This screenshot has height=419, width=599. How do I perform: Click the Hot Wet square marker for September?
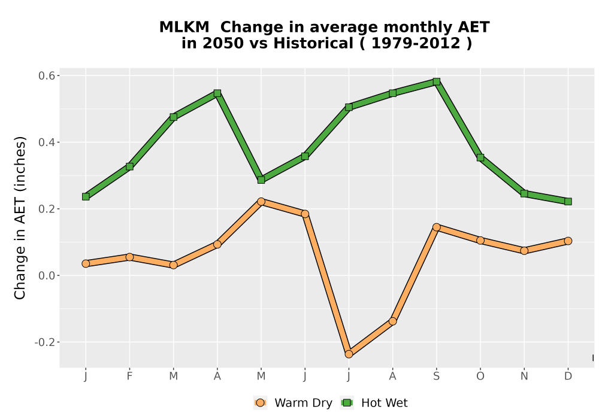[436, 81]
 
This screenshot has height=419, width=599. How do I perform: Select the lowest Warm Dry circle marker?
[349, 354]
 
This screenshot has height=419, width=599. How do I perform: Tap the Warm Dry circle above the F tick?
[129, 257]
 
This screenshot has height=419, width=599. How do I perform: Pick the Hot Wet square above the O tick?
[480, 157]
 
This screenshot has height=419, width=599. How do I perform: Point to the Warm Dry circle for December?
[568, 241]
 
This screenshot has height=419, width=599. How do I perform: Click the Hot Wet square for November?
[524, 193]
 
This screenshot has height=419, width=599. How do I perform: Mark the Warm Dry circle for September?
[436, 227]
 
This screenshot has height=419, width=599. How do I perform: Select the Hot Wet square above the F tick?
[129, 166]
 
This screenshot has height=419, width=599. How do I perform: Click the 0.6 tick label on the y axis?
[46, 75]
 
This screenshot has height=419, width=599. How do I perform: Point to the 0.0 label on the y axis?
[46, 275]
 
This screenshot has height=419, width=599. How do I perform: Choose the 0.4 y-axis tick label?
[46, 142]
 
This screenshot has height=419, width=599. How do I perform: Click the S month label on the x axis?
[436, 377]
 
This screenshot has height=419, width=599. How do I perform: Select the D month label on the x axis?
[568, 377]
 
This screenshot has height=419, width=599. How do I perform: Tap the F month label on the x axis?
[129, 377]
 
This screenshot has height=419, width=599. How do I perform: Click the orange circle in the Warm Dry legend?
[260, 403]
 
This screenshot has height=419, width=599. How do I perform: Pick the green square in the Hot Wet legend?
[347, 403]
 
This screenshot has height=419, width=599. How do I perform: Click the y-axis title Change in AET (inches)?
[20, 218]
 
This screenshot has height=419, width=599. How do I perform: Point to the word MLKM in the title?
[184, 28]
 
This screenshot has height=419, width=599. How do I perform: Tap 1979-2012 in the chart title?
[416, 44]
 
